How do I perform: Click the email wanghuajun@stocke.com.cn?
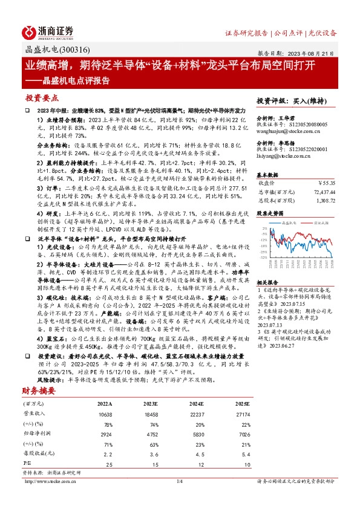click(x=284, y=129)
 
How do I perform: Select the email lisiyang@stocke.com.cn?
click(x=280, y=156)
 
